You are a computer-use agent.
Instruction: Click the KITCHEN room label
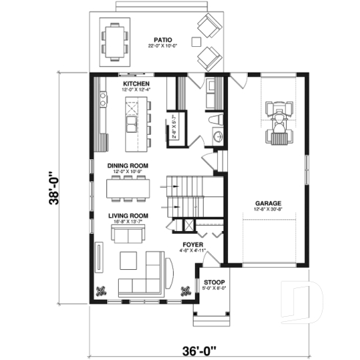click(x=136, y=84)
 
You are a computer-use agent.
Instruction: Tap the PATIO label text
click(x=163, y=40)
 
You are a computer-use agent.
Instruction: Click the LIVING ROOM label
click(x=128, y=216)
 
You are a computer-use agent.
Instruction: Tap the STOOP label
click(x=214, y=282)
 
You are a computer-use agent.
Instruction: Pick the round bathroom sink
click(x=217, y=136)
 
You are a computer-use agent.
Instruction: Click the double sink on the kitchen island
click(x=132, y=114)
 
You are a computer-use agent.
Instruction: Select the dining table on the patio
click(x=115, y=40)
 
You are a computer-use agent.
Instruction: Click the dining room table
click(x=129, y=188)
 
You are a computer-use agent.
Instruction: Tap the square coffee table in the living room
click(x=128, y=260)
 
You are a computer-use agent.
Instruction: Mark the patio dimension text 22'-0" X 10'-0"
click(x=163, y=48)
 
